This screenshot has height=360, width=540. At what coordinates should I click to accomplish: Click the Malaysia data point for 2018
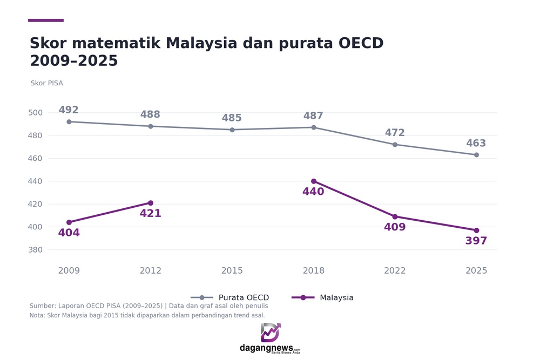(x=313, y=181)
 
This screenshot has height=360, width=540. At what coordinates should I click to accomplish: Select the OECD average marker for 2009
(x=69, y=122)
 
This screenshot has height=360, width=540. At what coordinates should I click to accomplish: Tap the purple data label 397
(x=476, y=241)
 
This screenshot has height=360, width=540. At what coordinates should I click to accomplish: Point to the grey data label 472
(x=395, y=133)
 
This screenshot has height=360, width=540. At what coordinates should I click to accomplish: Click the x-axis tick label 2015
(x=232, y=270)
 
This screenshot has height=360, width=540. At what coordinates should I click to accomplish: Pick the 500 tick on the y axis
(x=36, y=113)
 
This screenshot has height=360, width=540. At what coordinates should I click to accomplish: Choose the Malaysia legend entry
(x=323, y=297)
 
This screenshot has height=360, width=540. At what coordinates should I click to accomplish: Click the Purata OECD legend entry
(x=230, y=297)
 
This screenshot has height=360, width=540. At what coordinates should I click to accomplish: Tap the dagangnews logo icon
(x=271, y=332)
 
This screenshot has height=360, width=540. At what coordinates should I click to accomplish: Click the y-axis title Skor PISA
(x=47, y=83)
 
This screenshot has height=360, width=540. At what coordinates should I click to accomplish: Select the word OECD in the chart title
(x=361, y=43)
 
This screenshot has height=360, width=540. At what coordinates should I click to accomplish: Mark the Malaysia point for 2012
(x=151, y=203)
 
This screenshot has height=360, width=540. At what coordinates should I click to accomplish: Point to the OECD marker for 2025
(x=476, y=155)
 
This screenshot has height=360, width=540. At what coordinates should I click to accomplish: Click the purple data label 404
(x=69, y=233)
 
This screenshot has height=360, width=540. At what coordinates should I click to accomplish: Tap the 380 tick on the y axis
(x=36, y=250)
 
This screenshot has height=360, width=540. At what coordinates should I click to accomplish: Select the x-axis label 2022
(x=395, y=270)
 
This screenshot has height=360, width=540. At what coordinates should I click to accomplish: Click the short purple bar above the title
(x=46, y=21)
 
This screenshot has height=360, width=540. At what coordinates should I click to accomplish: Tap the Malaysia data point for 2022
(x=395, y=216)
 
